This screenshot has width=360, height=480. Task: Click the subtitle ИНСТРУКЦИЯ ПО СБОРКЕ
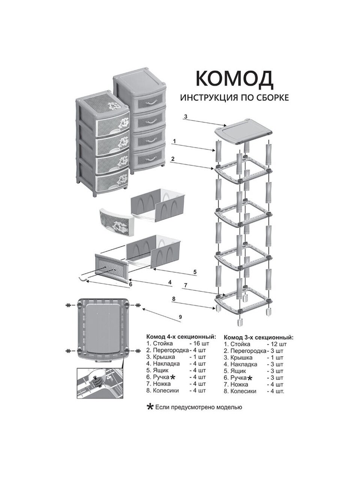(234, 97)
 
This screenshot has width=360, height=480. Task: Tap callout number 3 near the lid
(185, 117)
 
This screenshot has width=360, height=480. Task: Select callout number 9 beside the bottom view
(180, 317)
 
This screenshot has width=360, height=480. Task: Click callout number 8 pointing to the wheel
(174, 299)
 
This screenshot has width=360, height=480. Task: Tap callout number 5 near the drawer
(195, 271)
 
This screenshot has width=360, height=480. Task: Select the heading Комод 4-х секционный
(181, 336)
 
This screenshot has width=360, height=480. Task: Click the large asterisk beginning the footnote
(150, 407)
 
